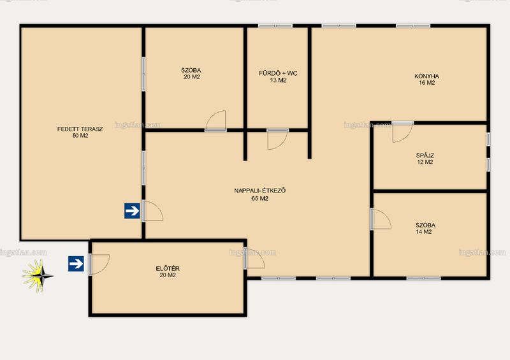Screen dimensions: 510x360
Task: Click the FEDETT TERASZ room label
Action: (80, 129)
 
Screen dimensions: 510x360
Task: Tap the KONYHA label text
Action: (426, 76)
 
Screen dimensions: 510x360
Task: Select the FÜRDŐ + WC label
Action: (278, 73)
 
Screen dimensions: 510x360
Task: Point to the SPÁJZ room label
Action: (425, 155)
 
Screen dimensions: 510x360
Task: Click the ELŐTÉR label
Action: (168, 268)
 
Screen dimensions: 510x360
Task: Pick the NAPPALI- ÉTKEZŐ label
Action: (260, 191)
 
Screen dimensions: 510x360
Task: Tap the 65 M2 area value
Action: (260, 198)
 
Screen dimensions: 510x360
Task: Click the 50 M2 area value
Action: (80, 136)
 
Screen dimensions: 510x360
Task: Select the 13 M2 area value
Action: (278, 80)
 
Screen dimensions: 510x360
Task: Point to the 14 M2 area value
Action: (423, 231)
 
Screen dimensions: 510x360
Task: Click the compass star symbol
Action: (38, 276)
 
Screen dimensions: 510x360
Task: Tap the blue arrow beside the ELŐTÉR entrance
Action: (76, 264)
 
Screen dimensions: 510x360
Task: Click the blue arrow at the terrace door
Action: (132, 211)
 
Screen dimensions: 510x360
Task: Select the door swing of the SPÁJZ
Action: (402, 133)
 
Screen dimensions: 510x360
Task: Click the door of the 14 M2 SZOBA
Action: (381, 219)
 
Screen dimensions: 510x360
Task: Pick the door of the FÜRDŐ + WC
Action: (277, 140)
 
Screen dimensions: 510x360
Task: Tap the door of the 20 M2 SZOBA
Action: (215, 120)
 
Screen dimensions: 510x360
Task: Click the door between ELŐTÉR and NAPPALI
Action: (254, 258)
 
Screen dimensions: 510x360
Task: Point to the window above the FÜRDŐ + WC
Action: (275, 25)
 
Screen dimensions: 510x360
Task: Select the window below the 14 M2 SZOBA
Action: (424, 278)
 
